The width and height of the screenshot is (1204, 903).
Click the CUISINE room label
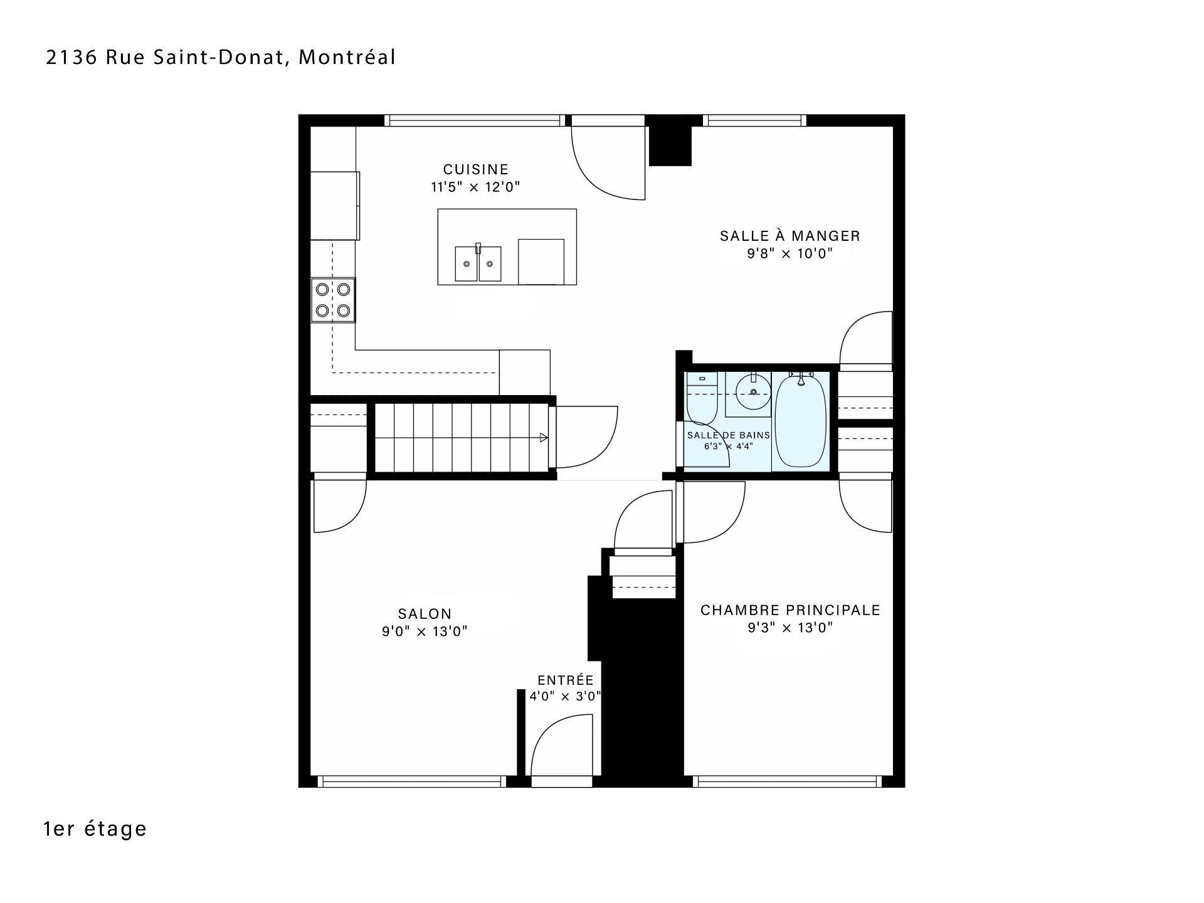coord(476,169)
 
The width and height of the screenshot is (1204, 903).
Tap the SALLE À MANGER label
coord(789,236)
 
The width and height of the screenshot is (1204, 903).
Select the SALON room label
coord(425,614)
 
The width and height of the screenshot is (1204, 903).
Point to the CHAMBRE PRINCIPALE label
coord(790,610)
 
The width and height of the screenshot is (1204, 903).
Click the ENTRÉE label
coord(566,680)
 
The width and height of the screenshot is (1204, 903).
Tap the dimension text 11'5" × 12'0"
coord(476,187)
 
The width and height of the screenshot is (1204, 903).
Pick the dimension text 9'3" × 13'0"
coord(790,628)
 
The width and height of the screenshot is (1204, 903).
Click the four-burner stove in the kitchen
coord(333,300)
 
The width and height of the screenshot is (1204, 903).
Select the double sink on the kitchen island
coord(478,263)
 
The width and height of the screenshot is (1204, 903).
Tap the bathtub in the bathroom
coord(800,420)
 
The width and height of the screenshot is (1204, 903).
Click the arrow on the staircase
coord(544,438)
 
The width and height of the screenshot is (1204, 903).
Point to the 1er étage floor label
coord(95,828)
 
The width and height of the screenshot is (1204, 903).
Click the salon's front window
coord(412,781)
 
